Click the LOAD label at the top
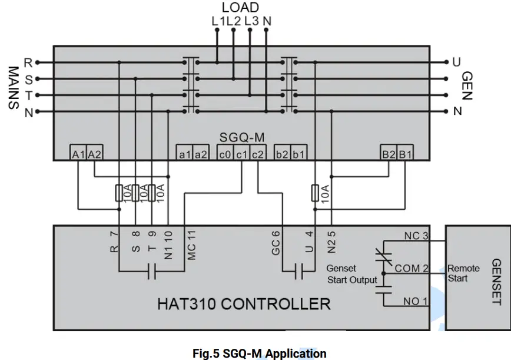(x=240, y=8)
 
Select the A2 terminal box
(x=95, y=154)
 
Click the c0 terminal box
(x=224, y=154)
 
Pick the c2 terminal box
(x=258, y=154)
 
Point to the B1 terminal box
(x=405, y=154)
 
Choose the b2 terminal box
(x=282, y=154)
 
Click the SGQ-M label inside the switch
(x=241, y=138)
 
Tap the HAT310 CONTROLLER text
(x=243, y=304)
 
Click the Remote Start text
(x=464, y=273)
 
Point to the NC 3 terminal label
(x=416, y=236)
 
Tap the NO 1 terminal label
(x=416, y=302)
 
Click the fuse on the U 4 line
(x=315, y=192)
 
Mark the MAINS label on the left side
(x=13, y=87)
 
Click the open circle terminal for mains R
(x=38, y=62)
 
